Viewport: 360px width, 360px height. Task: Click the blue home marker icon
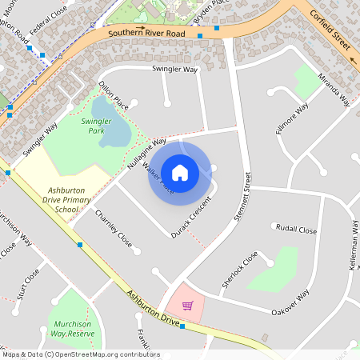[x=179, y=172]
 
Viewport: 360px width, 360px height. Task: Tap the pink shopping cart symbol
[x=187, y=305]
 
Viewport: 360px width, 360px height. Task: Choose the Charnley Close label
[x=113, y=228]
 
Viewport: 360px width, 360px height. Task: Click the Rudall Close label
[x=296, y=228]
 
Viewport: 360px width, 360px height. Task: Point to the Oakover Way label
[x=290, y=303]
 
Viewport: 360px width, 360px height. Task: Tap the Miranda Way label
[x=334, y=87]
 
